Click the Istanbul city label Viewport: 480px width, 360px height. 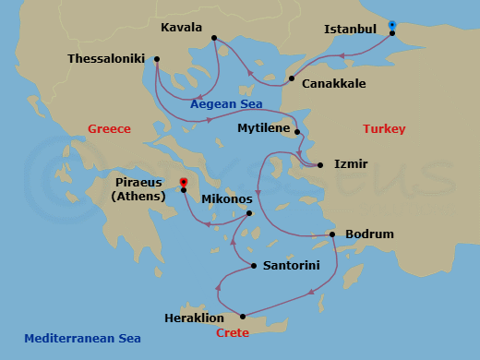coord(350,29)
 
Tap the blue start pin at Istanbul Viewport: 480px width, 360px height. coord(392,25)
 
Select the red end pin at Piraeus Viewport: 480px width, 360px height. coord(184,183)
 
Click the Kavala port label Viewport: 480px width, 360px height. coord(182,27)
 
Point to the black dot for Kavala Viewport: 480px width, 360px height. coord(213,38)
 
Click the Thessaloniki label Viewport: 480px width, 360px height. coord(107,59)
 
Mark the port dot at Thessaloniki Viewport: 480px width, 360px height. coord(157,60)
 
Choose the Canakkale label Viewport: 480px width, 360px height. coord(334,83)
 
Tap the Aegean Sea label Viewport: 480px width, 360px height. coord(226,104)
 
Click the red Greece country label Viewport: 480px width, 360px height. coord(109,129)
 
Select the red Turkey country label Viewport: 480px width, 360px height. coord(384,129)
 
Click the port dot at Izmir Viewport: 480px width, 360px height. coord(319,165)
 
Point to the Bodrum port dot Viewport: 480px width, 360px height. coord(333,234)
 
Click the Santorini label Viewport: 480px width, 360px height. coord(291,266)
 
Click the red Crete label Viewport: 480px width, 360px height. coord(232,333)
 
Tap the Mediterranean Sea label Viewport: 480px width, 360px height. coord(82,339)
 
